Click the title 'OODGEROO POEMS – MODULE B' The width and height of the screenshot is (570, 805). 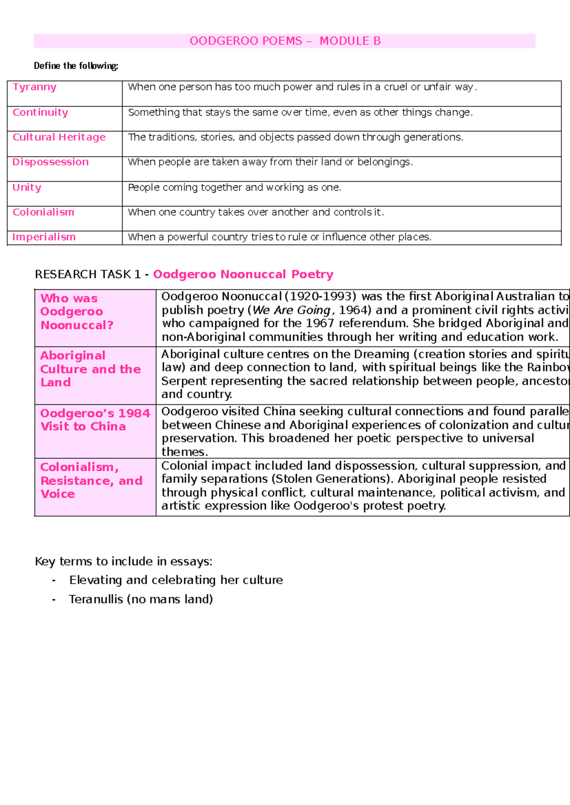[x=285, y=41]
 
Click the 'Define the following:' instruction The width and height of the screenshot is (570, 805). [x=76, y=66]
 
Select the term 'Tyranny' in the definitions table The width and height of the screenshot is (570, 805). [x=35, y=87]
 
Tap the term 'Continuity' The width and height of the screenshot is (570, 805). [x=40, y=112]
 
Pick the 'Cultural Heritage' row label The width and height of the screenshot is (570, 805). [x=59, y=137]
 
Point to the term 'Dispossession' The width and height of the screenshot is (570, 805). [x=50, y=162]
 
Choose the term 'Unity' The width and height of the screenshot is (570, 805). [x=27, y=187]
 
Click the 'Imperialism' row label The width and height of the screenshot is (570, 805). [x=44, y=237]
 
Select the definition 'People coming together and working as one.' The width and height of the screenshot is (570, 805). [x=235, y=187]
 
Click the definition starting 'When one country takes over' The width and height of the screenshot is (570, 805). [x=256, y=212]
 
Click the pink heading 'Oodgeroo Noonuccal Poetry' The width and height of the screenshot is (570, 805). [x=243, y=274]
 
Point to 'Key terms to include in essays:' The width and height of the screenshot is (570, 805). [x=123, y=562]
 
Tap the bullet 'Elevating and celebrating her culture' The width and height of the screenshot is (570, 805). [x=176, y=580]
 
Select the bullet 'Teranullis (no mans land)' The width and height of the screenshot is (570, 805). [x=141, y=599]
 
